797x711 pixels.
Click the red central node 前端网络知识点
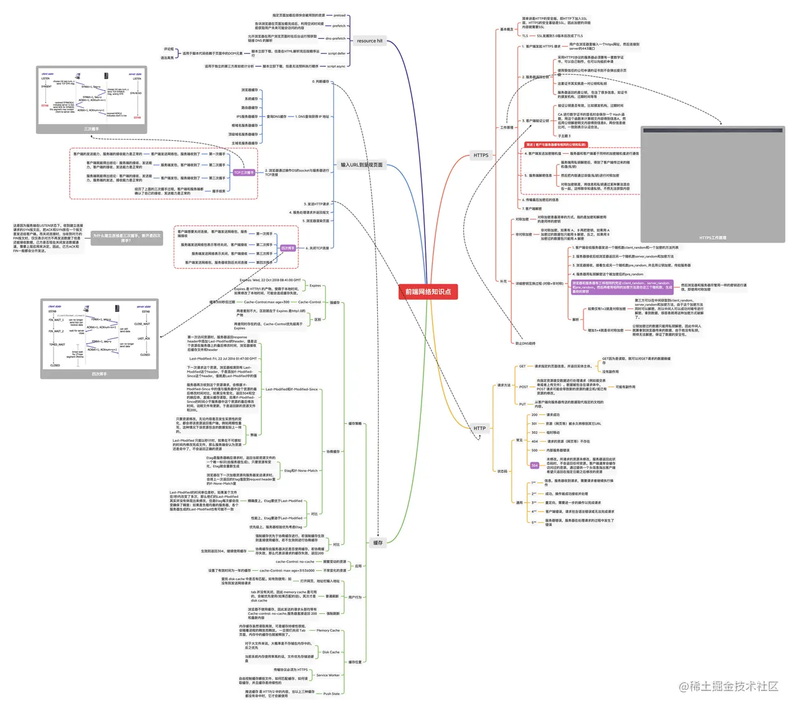(x=428, y=292)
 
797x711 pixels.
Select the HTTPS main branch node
(x=481, y=156)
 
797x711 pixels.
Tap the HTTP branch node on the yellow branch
(x=479, y=428)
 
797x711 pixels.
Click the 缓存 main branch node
(x=378, y=543)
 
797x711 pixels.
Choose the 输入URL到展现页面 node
(x=361, y=165)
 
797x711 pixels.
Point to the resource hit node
(x=369, y=41)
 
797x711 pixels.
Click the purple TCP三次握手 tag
(x=244, y=173)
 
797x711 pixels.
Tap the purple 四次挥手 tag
(x=288, y=248)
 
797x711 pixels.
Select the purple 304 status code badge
(x=534, y=465)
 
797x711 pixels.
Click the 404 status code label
(x=534, y=441)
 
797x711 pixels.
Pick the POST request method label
(x=524, y=387)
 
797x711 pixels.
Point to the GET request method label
(x=522, y=366)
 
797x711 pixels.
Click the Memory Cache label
(x=328, y=631)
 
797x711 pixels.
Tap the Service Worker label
(x=328, y=675)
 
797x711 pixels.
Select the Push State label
(x=331, y=694)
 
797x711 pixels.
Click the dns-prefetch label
(x=335, y=39)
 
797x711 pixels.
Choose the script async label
(x=336, y=66)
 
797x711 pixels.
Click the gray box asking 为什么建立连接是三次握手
(x=126, y=237)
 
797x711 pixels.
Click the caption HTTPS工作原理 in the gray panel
(x=712, y=237)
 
